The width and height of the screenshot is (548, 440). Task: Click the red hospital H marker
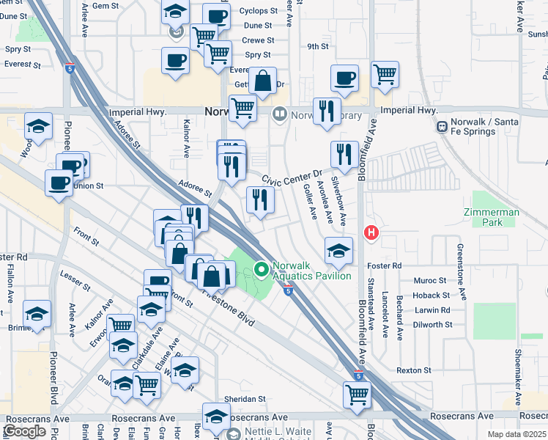371,233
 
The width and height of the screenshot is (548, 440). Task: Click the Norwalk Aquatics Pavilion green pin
260,270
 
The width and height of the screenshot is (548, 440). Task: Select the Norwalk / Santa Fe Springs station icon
442,126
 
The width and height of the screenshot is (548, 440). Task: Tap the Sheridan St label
245,399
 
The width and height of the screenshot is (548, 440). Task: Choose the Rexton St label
413,370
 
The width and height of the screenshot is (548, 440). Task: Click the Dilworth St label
432,324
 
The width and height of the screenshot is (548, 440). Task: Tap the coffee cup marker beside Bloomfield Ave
344,77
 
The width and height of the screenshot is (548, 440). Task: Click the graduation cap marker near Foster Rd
338,251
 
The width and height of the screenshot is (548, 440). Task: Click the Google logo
25,431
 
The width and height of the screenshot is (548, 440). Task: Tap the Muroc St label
430,280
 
